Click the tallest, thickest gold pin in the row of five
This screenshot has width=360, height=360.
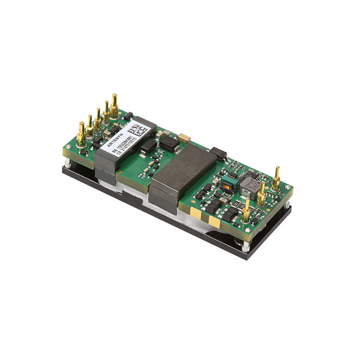[114, 105]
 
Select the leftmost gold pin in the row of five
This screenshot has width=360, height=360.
[81, 134]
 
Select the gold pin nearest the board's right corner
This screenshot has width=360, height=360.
[276, 178]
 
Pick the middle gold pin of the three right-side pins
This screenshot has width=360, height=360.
[261, 193]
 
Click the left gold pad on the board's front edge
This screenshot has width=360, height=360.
[195, 211]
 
